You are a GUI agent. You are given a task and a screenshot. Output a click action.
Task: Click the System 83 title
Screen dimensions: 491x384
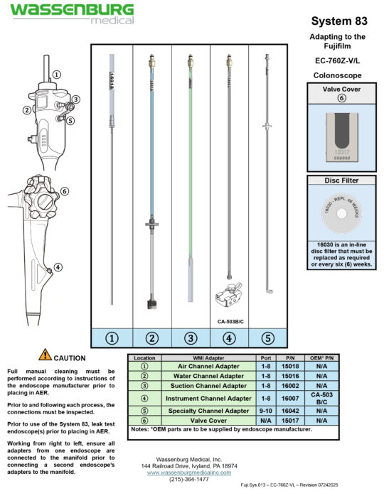[338, 21]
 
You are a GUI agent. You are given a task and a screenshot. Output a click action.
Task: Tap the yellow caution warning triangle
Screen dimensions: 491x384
[45, 354]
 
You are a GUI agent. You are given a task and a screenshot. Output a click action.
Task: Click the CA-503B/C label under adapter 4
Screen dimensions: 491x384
[230, 320]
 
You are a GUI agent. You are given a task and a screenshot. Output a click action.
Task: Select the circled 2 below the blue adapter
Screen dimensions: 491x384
[151, 338]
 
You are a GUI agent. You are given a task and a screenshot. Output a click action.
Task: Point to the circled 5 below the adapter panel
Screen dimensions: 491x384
[267, 338]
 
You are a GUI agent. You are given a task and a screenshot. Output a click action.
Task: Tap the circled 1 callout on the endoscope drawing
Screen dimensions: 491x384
[56, 74]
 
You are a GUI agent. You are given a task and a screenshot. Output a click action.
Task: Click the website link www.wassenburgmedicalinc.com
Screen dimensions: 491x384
[190, 471]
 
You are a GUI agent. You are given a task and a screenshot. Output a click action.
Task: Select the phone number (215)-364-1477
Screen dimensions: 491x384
[190, 479]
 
